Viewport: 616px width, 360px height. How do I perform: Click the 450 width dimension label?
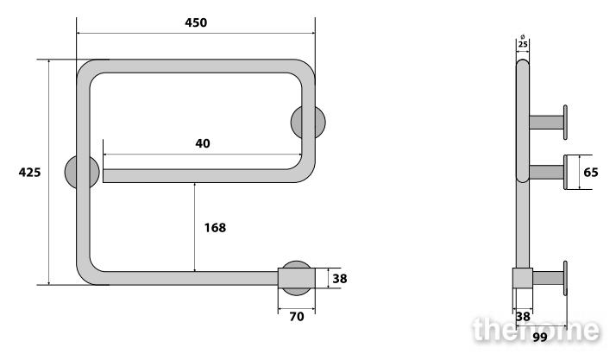(196, 22)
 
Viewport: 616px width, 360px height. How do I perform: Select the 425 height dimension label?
(29, 173)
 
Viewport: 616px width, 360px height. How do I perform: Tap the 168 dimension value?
(215, 228)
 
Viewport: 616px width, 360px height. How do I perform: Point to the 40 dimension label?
(203, 143)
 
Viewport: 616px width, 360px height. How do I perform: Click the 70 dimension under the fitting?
(297, 317)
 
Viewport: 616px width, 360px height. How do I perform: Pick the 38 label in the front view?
(340, 279)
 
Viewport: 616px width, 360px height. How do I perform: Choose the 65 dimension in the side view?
(590, 173)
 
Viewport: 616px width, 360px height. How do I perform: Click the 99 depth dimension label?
(540, 338)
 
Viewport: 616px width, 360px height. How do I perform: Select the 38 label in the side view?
(523, 317)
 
